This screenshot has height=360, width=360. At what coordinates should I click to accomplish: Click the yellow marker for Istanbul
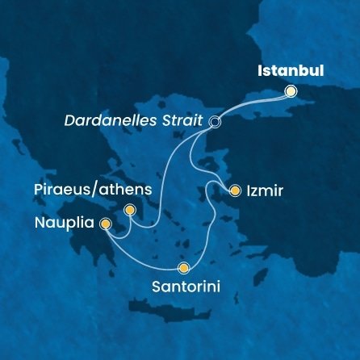click(291, 92)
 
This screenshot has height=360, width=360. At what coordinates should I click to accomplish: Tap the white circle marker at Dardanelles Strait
click(215, 122)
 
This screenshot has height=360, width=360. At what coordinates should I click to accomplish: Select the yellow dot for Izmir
click(235, 191)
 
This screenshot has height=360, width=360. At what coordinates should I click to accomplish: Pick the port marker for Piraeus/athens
click(129, 210)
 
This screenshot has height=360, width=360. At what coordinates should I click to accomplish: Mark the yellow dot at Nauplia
click(105, 226)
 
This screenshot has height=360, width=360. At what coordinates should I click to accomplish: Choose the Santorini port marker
click(184, 269)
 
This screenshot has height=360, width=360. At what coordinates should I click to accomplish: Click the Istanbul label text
click(290, 71)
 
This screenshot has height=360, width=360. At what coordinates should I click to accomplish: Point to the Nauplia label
click(62, 220)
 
